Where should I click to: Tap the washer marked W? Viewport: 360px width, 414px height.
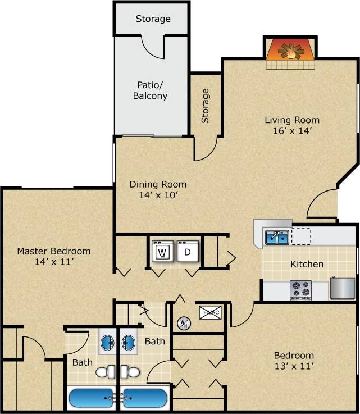coord(162,252)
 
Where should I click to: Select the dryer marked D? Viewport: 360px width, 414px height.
coord(188,252)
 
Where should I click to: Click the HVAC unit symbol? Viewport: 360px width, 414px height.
coord(210,312)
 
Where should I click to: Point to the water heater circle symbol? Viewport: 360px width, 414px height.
coord(183,323)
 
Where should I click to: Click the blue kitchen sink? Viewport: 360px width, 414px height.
coord(277,237)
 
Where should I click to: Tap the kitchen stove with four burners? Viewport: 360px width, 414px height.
coord(300,289)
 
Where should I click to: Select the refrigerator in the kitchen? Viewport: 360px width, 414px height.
coord(340,288)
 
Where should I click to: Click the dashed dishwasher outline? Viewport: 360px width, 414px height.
coord(300,236)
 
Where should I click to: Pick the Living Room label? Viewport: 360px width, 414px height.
coord(292,120)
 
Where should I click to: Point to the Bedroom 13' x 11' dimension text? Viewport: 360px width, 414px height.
coord(294,366)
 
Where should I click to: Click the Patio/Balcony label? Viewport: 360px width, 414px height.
coord(150,90)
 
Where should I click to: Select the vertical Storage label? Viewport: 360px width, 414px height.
coord(205,106)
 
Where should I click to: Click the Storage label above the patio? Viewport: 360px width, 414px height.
coord(153,19)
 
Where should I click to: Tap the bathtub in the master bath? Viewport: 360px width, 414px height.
coord(92,398)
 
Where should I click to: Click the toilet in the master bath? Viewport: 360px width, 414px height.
coord(106,372)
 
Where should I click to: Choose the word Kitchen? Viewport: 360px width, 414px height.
coord(307,264)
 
